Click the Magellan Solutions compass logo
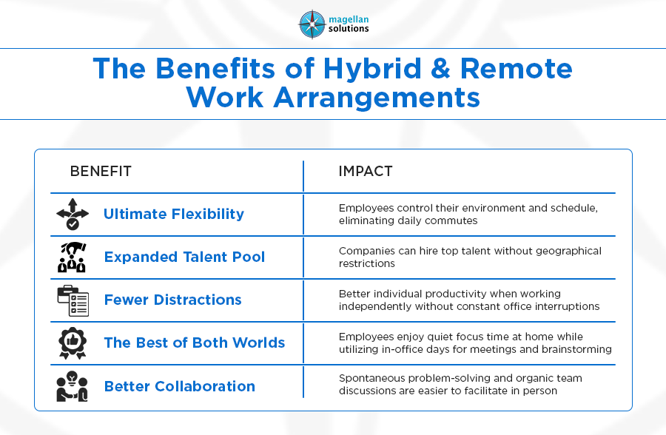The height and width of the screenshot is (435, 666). (x=312, y=24)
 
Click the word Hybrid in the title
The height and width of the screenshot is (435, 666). (x=372, y=68)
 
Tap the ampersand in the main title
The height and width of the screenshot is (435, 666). (x=440, y=68)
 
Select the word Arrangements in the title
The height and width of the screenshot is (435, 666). (x=377, y=98)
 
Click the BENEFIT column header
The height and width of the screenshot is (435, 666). (x=101, y=171)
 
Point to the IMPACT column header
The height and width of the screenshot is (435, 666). (x=366, y=171)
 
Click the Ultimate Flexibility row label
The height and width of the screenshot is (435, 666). (x=174, y=214)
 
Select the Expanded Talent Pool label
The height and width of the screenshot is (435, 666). (x=184, y=257)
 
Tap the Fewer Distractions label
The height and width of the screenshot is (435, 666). (x=173, y=300)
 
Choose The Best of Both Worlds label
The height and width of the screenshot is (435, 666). (x=195, y=343)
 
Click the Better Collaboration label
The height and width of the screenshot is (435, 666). (x=180, y=386)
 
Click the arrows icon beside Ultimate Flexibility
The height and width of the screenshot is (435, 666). (x=73, y=214)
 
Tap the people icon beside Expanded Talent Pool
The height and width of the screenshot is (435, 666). (x=73, y=257)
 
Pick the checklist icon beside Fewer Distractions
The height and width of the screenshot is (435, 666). (x=73, y=300)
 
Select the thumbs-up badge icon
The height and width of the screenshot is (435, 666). (x=73, y=343)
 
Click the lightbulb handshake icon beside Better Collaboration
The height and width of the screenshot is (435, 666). (x=73, y=386)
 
